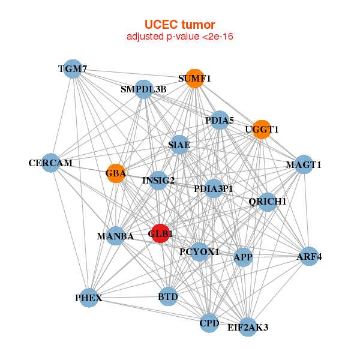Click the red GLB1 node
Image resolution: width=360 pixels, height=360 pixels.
click(x=160, y=233)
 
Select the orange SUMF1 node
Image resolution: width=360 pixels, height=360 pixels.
click(x=194, y=79)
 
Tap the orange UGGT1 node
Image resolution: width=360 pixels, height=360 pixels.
click(x=262, y=129)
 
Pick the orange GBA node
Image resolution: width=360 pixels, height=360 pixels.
click(x=116, y=174)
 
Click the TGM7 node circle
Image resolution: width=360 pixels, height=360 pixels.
click(x=73, y=69)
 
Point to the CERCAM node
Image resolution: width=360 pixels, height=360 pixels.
click(x=51, y=163)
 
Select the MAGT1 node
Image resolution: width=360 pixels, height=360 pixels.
click(x=304, y=164)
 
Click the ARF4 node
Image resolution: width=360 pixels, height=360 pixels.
click(x=309, y=257)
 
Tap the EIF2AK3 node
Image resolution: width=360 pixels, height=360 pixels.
click(x=248, y=327)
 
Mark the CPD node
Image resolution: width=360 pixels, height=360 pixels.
click(x=209, y=323)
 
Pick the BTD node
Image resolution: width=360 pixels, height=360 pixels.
click(x=168, y=296)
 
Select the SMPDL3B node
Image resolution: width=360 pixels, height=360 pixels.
click(x=143, y=89)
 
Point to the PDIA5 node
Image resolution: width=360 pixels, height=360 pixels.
click(x=220, y=121)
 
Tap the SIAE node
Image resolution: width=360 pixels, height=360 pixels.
click(x=179, y=145)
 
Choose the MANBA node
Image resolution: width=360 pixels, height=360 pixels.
click(x=115, y=236)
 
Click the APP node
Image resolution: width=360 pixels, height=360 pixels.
click(x=243, y=257)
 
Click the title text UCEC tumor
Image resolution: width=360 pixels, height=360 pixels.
click(x=179, y=25)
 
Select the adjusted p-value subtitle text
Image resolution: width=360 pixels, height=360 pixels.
click(x=179, y=37)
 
